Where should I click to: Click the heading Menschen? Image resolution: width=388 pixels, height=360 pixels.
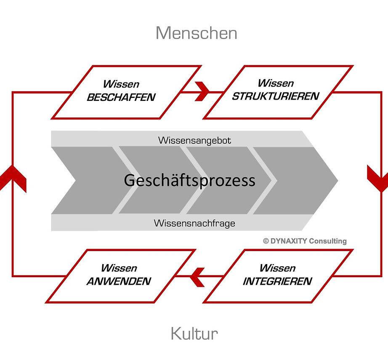(197, 33)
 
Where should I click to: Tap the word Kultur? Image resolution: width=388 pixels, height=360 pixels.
(194, 334)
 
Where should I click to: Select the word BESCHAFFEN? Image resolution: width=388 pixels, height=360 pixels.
(121, 98)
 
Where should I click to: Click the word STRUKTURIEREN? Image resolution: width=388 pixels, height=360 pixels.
(276, 96)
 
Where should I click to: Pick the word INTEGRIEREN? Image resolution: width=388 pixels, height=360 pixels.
(277, 281)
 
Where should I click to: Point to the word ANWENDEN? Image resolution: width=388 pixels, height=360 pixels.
(119, 281)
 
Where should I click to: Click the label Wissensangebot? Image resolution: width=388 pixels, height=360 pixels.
(194, 140)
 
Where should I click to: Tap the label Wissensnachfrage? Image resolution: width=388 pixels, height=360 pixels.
(194, 223)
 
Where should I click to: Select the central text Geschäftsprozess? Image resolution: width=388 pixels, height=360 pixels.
(189, 180)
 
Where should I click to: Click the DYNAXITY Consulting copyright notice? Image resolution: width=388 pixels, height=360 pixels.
(305, 241)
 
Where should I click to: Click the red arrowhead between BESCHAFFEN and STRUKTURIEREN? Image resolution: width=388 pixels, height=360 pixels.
(202, 91)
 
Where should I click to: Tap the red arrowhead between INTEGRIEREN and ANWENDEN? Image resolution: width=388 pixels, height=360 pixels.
(197, 277)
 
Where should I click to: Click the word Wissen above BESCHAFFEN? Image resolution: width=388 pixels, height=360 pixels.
(121, 84)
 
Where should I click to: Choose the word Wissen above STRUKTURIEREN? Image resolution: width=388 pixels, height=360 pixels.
(276, 83)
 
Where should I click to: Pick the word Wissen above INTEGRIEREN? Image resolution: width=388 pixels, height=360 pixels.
(277, 268)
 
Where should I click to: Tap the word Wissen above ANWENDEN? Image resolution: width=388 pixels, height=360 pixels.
(119, 268)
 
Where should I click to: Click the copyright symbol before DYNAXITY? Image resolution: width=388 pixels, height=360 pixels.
(266, 241)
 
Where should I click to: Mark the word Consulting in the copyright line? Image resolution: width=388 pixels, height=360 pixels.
(328, 241)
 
